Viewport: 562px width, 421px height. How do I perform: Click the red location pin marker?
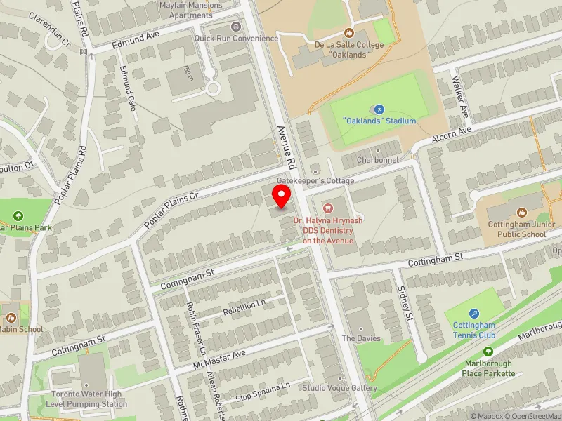pos(282,196)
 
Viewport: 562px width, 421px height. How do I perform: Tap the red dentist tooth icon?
pos(327,207)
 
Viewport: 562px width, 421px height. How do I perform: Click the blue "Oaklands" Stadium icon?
pos(379,109)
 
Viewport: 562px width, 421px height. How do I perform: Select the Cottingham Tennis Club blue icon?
pos(474,314)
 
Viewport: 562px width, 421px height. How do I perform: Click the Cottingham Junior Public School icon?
pos(522,212)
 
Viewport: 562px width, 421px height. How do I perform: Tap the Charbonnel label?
pos(378,160)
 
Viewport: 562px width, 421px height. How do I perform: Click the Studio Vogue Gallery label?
pos(339,388)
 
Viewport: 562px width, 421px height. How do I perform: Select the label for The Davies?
pos(360,338)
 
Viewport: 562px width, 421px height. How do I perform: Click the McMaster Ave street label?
pos(220,362)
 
